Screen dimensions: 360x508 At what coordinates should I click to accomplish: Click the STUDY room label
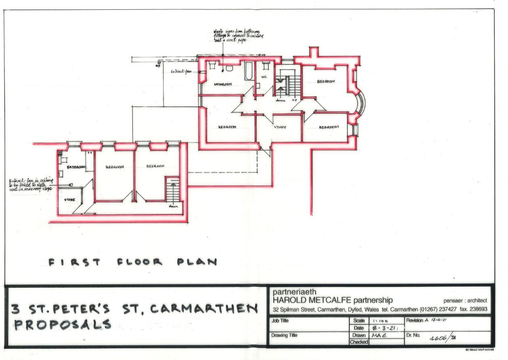280,127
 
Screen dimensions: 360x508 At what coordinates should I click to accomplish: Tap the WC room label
264,76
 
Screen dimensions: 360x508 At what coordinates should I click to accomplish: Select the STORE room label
69,200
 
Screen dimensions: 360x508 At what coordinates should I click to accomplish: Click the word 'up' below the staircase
294,100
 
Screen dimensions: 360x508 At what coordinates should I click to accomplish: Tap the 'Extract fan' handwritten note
181,72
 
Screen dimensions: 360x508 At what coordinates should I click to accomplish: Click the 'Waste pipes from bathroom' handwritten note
238,36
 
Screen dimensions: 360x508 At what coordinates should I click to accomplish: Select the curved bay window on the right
361,103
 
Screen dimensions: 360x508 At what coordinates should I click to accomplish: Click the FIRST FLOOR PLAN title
132,262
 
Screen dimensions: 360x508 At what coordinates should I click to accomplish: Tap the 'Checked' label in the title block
359,342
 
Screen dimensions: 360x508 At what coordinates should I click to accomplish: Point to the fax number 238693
477,309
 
